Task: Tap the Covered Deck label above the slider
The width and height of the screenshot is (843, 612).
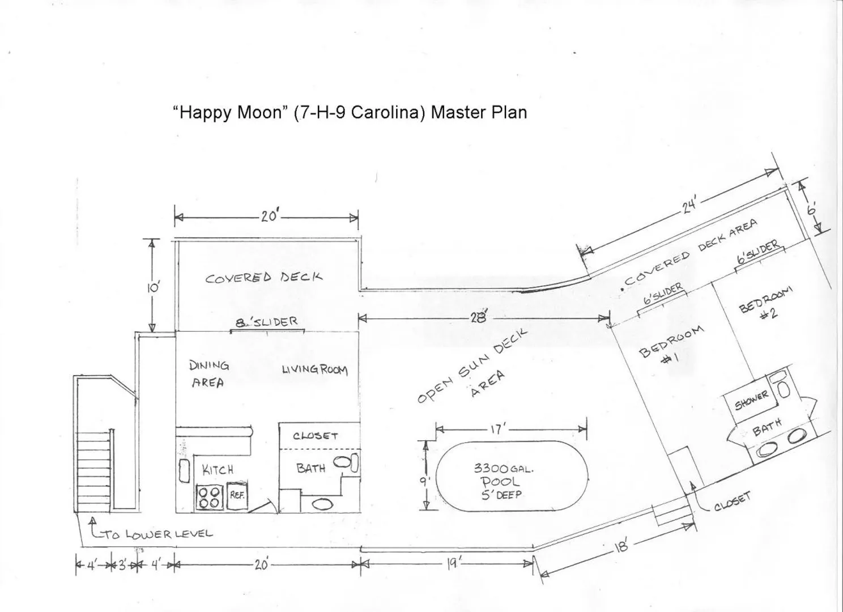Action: coord(264,278)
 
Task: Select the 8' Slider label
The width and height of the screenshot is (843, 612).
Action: coord(266,322)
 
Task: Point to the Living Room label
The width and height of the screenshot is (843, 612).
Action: coord(314,370)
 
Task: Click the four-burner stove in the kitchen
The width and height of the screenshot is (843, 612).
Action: coord(209,498)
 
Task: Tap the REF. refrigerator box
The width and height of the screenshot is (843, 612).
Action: coord(237,495)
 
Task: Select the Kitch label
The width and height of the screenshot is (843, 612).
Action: coord(218,470)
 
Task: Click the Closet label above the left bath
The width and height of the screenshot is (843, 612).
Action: coord(316,436)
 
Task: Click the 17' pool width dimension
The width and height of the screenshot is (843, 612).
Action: coord(496,429)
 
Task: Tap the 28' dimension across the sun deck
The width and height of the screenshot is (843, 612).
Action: coord(478,318)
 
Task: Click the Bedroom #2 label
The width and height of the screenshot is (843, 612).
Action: coord(766,304)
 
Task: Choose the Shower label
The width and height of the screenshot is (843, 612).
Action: coord(751,401)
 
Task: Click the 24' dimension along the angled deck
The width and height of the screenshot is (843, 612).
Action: coord(689,205)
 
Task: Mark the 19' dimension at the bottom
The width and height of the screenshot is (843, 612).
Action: coord(452,563)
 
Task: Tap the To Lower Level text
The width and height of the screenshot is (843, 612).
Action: coord(158,534)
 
